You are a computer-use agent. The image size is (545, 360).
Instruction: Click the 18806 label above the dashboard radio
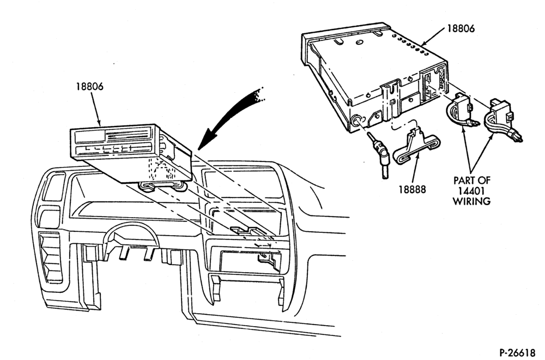click(90, 86)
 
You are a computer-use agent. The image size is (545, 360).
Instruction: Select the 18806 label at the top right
click(461, 28)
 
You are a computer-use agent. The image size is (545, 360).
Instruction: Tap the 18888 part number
click(412, 190)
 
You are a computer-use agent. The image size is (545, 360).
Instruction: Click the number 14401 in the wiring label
click(471, 190)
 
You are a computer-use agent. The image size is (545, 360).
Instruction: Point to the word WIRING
click(471, 201)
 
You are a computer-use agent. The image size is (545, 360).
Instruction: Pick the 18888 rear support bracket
click(416, 146)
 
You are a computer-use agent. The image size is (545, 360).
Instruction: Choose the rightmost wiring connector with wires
click(503, 119)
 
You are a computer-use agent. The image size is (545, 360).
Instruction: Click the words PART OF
click(471, 181)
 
